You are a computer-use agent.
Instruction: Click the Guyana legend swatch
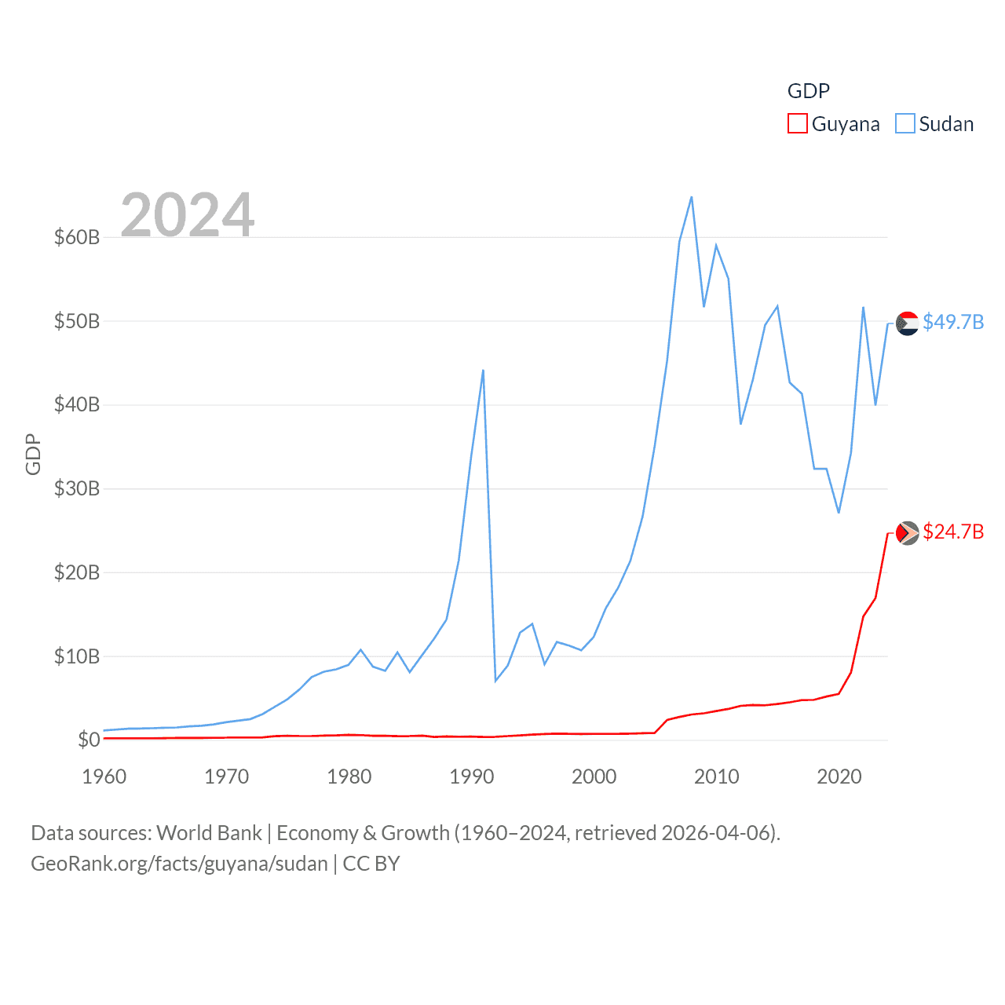[797, 124]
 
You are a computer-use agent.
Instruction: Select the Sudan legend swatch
[904, 124]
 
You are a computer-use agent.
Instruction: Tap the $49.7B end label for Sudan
[953, 323]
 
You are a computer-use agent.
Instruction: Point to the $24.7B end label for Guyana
[953, 532]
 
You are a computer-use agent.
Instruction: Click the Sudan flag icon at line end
[907, 323]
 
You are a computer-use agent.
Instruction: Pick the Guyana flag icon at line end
[907, 533]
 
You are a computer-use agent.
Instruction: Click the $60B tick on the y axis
[77, 237]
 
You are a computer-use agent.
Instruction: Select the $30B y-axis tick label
[77, 488]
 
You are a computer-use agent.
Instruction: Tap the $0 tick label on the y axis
[89, 740]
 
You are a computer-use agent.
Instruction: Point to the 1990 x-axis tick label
[471, 777]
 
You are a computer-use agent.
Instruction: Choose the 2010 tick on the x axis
[716, 777]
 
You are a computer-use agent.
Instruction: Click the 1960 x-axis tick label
[104, 777]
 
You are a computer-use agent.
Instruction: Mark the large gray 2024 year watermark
[188, 214]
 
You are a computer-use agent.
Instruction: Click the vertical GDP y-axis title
[33, 454]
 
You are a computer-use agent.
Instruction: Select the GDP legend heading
[808, 91]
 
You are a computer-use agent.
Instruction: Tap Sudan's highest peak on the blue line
[691, 197]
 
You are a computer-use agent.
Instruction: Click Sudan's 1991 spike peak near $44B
[483, 370]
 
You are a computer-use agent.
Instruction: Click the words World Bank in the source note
[209, 833]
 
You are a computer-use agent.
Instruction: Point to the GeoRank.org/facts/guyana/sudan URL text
[179, 864]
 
